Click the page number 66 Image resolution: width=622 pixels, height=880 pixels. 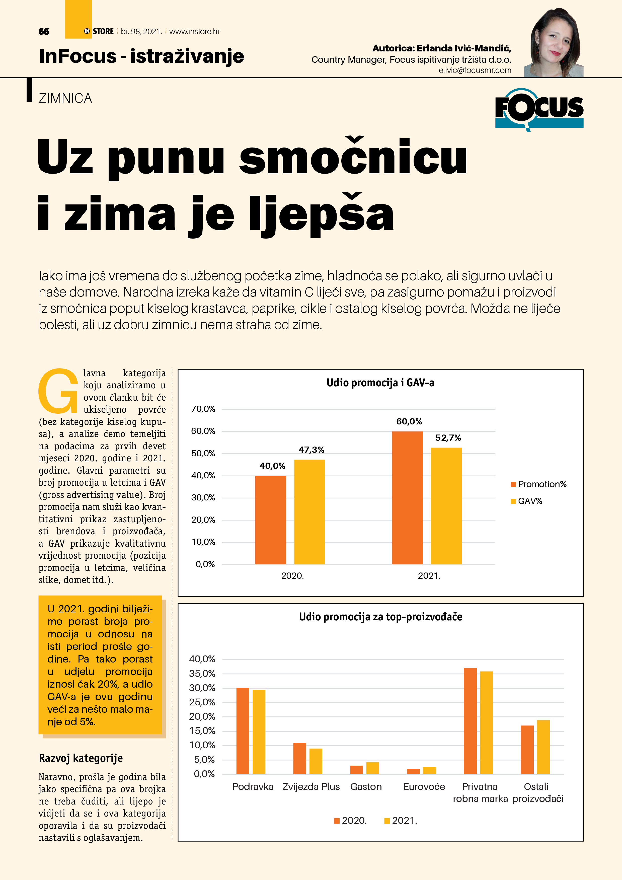point(44,31)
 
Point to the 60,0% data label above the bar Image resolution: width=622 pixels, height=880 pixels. point(409,422)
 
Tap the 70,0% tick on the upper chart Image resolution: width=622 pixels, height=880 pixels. point(203,409)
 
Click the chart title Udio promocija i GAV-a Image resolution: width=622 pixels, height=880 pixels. point(380,383)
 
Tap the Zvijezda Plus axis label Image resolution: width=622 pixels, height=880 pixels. point(311,786)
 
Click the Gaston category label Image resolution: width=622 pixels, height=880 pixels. point(366,786)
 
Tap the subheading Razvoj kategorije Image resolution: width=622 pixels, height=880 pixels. point(81,758)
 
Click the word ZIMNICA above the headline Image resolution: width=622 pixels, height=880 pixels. point(65,99)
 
